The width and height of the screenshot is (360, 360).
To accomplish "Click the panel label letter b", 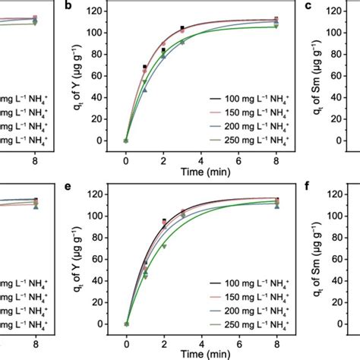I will click(x=69, y=6).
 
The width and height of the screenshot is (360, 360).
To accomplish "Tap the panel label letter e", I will click(x=69, y=190).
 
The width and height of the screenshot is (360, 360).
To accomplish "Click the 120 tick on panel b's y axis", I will click(x=99, y=11).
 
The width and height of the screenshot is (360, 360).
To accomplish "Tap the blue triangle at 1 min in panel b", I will click(x=145, y=90).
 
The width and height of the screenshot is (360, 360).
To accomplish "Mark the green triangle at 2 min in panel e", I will click(x=163, y=246).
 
